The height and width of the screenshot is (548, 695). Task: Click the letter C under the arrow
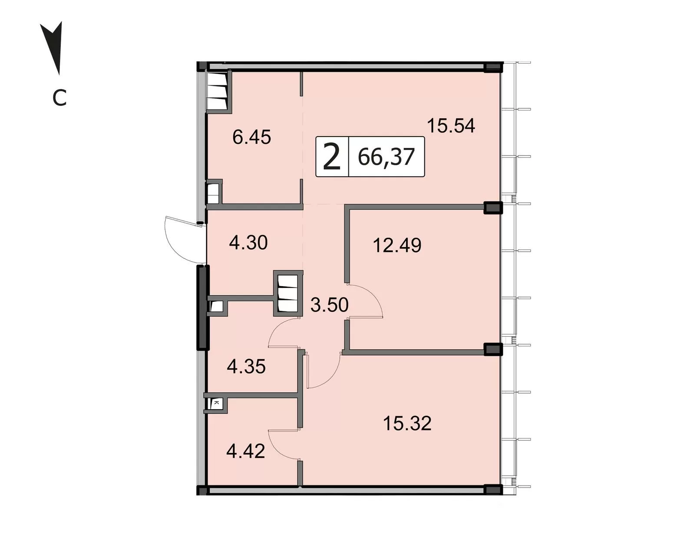click(x=60, y=98)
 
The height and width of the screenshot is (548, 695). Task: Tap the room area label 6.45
click(x=252, y=137)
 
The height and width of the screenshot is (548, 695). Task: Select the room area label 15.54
click(x=451, y=126)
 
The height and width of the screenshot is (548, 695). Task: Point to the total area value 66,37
click(x=386, y=157)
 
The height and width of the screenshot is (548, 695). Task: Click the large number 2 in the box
click(x=332, y=157)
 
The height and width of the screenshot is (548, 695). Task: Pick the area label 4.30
click(x=248, y=243)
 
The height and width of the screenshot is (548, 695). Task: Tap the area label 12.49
click(x=397, y=245)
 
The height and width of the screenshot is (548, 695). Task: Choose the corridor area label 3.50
click(x=329, y=305)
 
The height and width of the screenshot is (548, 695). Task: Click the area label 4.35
click(x=246, y=367)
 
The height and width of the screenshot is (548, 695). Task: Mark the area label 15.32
click(x=407, y=424)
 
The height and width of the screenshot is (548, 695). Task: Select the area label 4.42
click(x=246, y=451)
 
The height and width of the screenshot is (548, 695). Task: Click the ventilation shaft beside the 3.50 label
click(x=288, y=294)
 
